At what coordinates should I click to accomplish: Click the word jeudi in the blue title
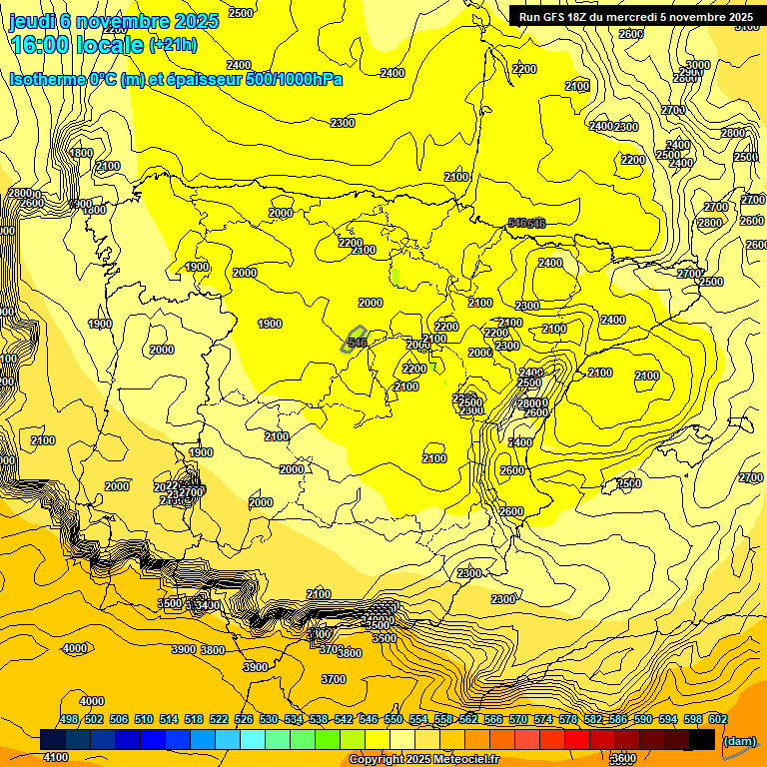(32, 22)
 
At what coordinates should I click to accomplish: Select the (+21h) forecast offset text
(173, 45)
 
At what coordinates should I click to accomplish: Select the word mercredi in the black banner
(636, 16)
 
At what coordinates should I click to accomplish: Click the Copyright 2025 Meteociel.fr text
(423, 760)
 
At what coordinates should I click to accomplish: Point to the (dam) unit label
(738, 741)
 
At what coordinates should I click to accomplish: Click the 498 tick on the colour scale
(69, 720)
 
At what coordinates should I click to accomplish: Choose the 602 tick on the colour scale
(718, 720)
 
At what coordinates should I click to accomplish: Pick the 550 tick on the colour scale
(393, 720)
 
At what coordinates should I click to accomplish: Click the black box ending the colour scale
(703, 740)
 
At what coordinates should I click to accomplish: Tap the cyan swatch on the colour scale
(253, 740)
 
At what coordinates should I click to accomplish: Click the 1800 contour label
(81, 153)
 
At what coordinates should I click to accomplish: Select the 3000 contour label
(697, 65)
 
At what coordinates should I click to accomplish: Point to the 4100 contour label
(56, 757)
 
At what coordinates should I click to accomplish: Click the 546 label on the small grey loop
(357, 342)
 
